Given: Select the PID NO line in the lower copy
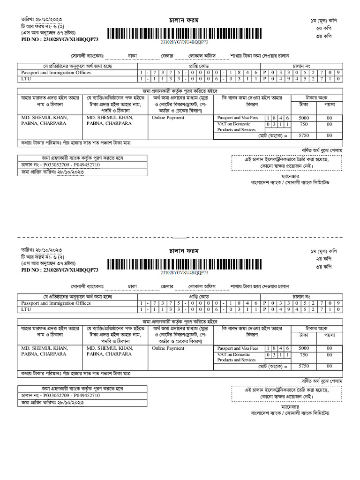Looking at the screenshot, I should [x=60, y=270].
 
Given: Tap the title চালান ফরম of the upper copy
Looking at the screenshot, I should [x=183, y=21].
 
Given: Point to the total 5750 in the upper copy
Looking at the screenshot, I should [x=304, y=135].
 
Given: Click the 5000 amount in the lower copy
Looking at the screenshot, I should [x=304, y=348].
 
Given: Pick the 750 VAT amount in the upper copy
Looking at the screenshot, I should [x=304, y=124].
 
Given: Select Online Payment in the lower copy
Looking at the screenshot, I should [x=168, y=348].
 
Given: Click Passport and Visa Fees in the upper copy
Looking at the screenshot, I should [x=238, y=118].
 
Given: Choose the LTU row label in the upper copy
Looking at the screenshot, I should [x=26, y=79].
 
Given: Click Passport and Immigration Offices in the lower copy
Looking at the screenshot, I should [x=56, y=303].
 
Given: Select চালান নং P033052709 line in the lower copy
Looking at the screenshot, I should [x=60, y=395].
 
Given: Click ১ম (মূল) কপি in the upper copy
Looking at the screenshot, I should [x=323, y=22].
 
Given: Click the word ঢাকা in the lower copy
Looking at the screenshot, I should [x=133, y=285].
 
